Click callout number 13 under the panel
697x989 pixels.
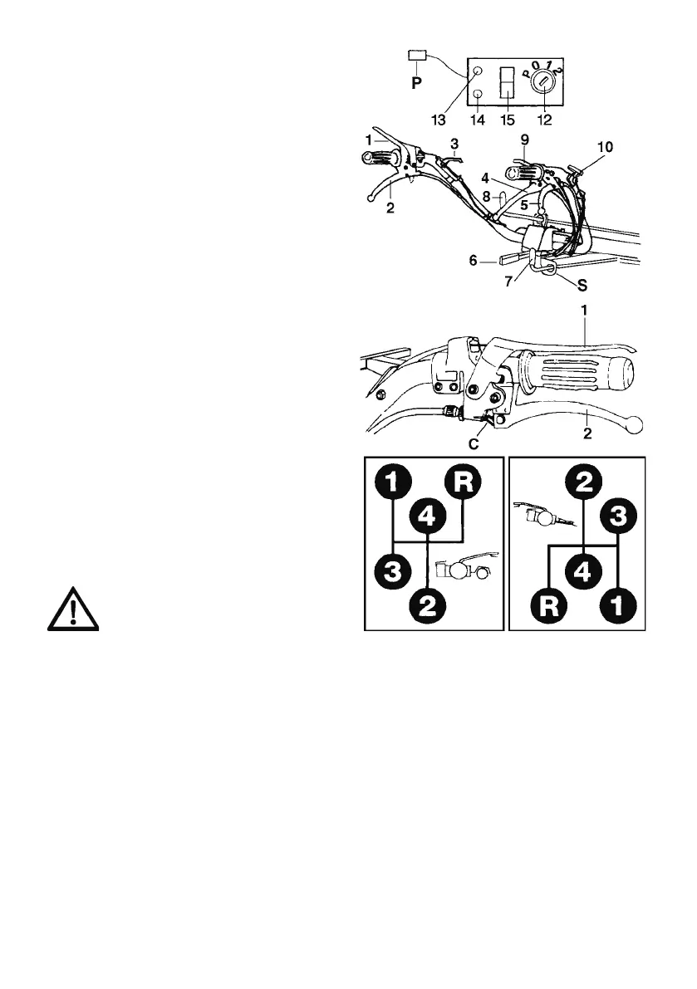439,120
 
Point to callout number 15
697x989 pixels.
506,120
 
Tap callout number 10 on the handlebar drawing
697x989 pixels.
605,147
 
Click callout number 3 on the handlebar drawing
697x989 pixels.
454,144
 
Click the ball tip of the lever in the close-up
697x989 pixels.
637,425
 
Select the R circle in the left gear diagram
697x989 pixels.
462,482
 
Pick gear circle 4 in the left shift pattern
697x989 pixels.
427,518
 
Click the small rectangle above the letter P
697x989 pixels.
417,55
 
